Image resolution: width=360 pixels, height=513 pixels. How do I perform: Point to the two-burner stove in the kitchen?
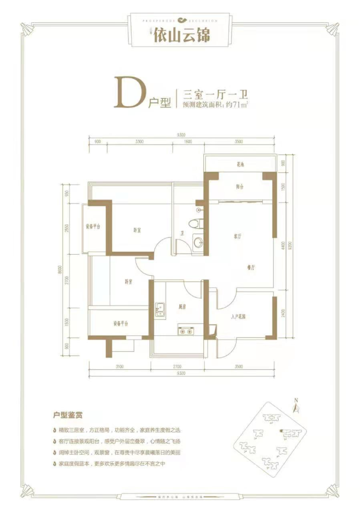click(x=185, y=331)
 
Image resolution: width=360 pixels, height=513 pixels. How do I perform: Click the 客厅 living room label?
click(x=238, y=236)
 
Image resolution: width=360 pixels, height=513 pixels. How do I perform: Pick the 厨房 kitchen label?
click(x=183, y=307)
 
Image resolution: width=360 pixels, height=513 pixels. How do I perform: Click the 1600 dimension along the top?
click(x=188, y=142)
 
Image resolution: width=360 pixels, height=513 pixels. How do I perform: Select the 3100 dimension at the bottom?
click(x=121, y=366)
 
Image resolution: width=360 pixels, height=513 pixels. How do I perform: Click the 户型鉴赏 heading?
click(x=68, y=416)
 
